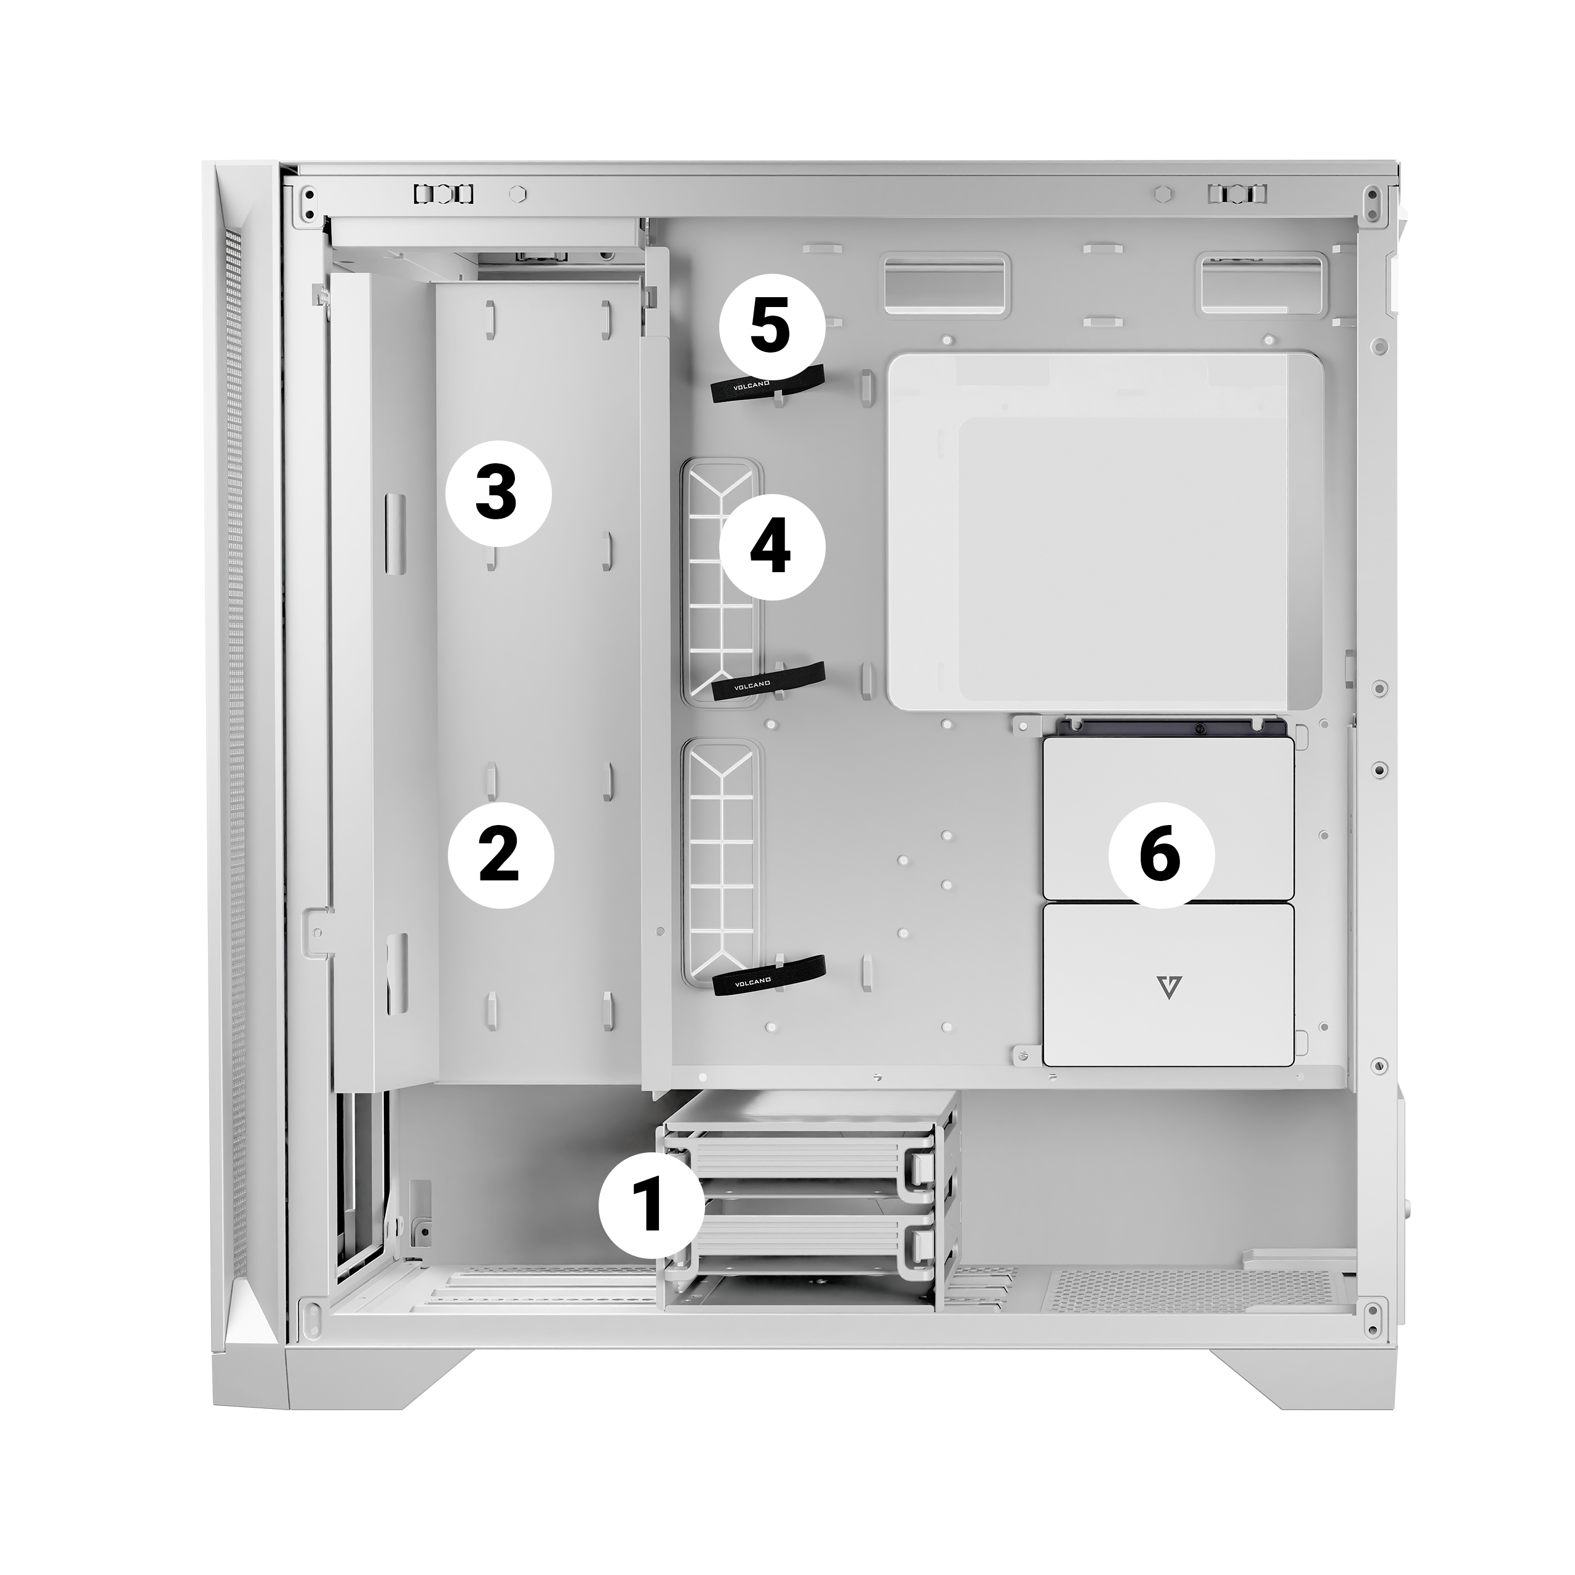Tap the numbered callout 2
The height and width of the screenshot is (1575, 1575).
tap(501, 855)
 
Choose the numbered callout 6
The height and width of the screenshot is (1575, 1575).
tap(1162, 855)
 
